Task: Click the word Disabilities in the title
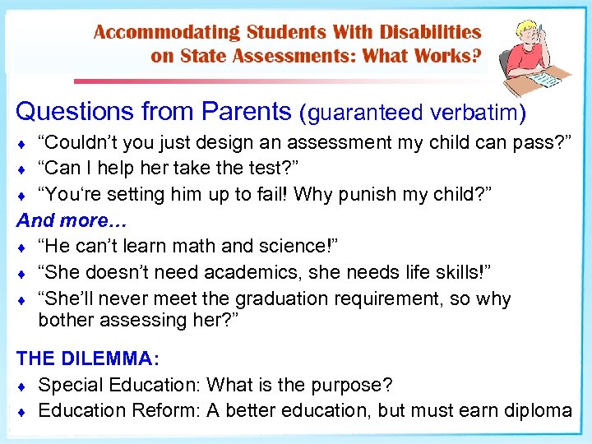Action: click(429, 32)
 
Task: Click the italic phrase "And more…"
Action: click(63, 220)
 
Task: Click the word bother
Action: click(66, 319)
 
